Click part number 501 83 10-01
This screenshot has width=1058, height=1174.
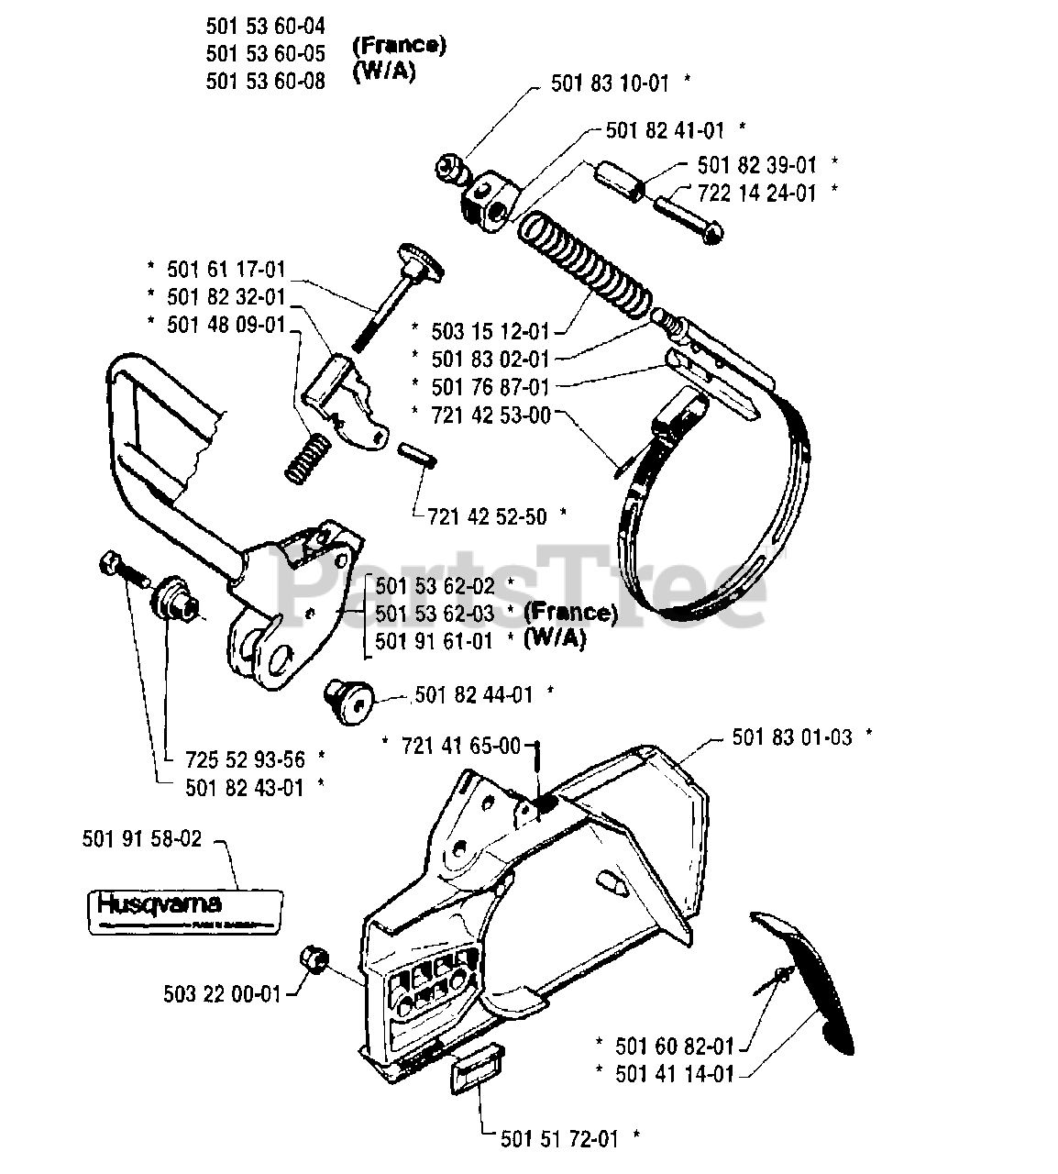610,83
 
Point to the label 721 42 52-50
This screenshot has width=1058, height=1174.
487,516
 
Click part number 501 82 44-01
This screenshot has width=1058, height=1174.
473,694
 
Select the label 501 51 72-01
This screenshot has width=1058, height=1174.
559,1139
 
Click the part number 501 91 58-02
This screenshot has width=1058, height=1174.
141,838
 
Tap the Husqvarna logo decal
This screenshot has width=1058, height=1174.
172,910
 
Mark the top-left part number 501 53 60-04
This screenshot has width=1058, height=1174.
265,26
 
